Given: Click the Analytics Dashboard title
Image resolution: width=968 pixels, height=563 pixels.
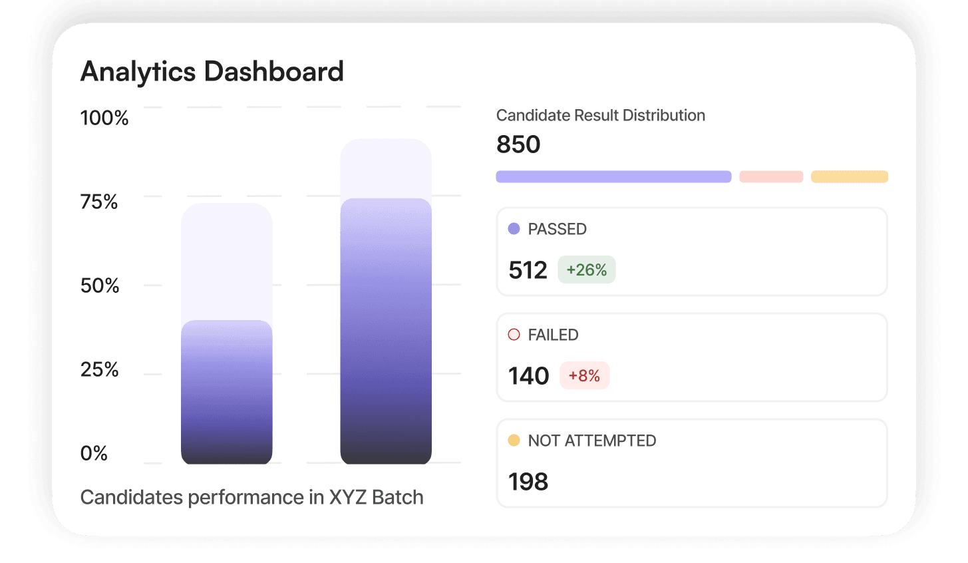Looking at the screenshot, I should [212, 72].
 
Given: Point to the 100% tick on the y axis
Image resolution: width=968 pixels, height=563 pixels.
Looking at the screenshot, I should [104, 118].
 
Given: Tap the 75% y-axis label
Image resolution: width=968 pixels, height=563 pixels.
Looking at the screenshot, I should [99, 202].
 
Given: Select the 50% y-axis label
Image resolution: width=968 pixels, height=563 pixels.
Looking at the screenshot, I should [100, 286].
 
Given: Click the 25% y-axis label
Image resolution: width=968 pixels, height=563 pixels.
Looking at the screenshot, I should [99, 370].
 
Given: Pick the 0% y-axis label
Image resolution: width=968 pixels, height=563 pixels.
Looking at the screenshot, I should [94, 454].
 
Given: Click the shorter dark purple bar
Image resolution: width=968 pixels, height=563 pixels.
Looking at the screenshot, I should [226, 393].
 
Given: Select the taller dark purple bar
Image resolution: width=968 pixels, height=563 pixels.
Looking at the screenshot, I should [386, 333].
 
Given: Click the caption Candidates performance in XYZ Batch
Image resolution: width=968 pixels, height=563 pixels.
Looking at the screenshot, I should [251, 498].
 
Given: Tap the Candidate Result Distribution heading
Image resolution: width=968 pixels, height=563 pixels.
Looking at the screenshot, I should [600, 116].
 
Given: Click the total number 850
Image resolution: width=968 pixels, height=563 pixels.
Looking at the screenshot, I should [518, 144].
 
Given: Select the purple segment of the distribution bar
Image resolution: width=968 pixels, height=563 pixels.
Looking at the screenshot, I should [613, 177].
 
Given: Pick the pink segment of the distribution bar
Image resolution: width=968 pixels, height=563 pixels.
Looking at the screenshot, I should [771, 177].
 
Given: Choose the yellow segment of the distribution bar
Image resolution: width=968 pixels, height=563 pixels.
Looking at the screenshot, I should [849, 177].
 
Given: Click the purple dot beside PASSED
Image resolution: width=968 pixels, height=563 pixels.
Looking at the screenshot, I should [514, 229].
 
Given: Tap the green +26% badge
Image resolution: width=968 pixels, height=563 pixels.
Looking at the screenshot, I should [586, 270].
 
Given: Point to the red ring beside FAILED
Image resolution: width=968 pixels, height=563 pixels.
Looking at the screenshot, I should [514, 335].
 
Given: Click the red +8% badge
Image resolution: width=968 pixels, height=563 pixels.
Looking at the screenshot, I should [584, 376].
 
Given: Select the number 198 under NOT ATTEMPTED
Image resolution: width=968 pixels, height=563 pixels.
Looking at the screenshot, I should [528, 482].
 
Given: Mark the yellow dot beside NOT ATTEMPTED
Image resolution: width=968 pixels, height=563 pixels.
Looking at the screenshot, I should [514, 441].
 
